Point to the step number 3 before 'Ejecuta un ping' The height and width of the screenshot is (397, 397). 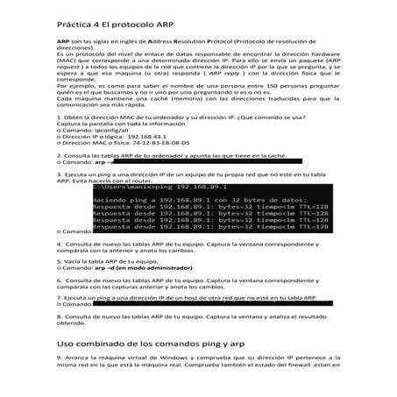[x=59, y=174]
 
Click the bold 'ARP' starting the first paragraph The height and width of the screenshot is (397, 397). [x=64, y=41]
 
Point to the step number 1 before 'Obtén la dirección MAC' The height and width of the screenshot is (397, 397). [x=59, y=117]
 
